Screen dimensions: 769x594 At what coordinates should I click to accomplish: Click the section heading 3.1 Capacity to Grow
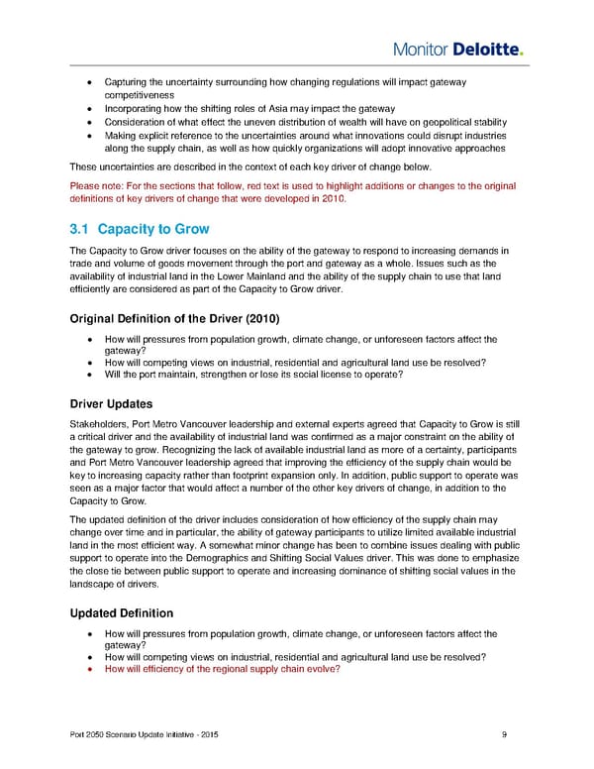coord(140,230)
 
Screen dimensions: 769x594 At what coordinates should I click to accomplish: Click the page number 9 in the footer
coord(506,733)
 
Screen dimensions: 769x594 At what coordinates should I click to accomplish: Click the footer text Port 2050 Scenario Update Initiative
coord(136,733)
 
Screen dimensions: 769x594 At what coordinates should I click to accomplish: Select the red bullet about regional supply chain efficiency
coord(222,669)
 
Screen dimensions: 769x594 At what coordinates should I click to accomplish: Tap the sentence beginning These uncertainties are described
coord(247,165)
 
